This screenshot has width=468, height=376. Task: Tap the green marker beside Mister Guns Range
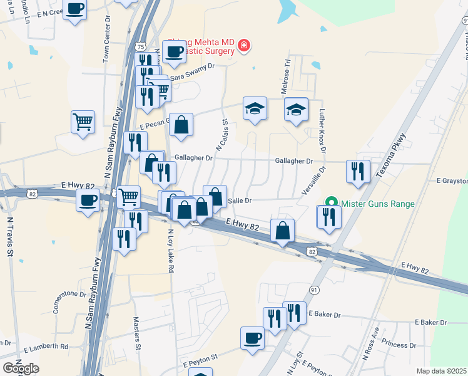(332, 202)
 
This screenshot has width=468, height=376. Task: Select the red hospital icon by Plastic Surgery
(243, 46)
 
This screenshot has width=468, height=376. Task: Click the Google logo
(21, 368)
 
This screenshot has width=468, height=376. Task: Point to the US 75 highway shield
(140, 46)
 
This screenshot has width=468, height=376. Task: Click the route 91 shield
(314, 290)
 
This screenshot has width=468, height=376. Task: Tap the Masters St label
(137, 333)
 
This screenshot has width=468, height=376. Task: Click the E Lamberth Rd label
(46, 347)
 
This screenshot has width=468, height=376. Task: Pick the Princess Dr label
(399, 345)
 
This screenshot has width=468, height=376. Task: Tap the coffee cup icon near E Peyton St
(253, 338)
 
